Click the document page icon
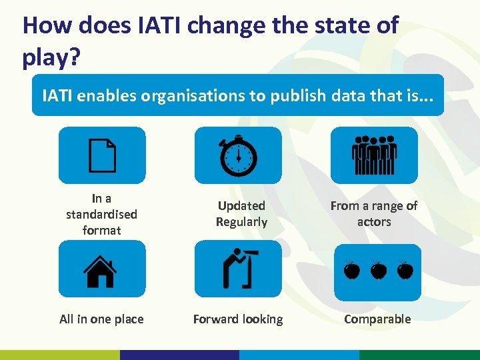tap(102, 156)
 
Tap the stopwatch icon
tap(238, 156)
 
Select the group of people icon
tap(374, 156)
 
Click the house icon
tap(100, 270)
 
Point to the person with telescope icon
tap(237, 267)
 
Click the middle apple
tap(378, 270)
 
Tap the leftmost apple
tap(352, 270)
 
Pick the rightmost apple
tap(404, 270)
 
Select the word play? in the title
tap(51, 57)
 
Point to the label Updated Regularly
tap(241, 214)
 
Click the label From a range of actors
tap(374, 214)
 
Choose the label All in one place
tap(101, 319)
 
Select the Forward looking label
tap(238, 319)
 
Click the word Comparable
tap(377, 319)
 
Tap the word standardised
tap(101, 214)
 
